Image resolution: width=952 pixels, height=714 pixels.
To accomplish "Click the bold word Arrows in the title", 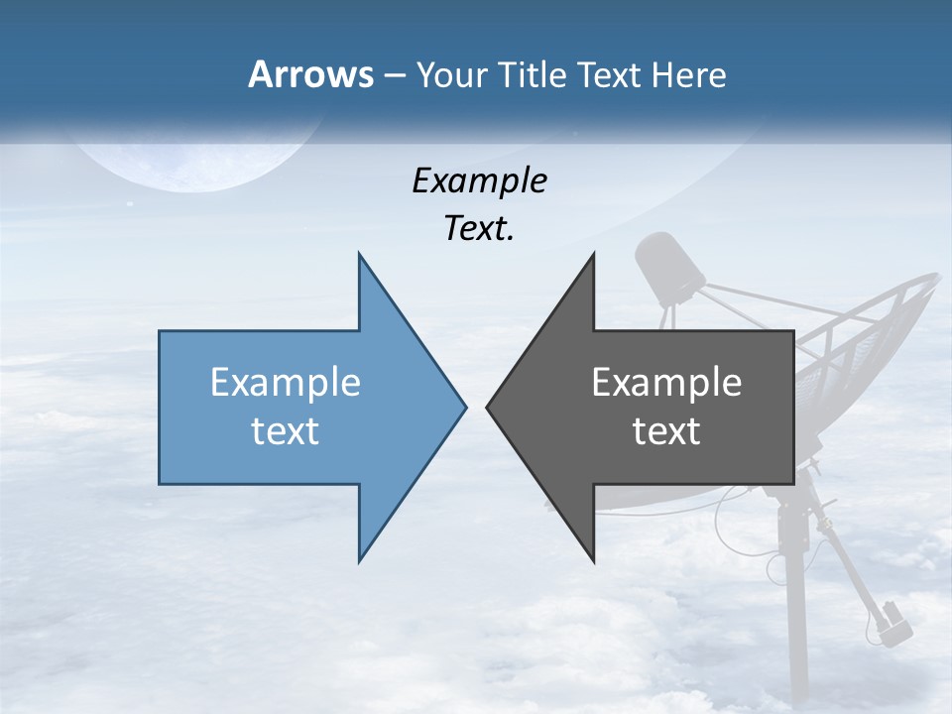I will pyautogui.click(x=311, y=74).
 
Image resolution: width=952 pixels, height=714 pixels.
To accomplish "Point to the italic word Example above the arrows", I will pyautogui.click(x=479, y=180).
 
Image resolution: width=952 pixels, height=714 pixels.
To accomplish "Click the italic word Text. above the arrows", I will pyautogui.click(x=479, y=228).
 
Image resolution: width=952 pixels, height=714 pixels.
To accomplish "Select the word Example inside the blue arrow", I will pyautogui.click(x=286, y=382).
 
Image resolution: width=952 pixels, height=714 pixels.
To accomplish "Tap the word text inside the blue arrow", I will pyautogui.click(x=286, y=430).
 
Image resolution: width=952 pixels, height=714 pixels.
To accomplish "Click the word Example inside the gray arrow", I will pyautogui.click(x=666, y=382).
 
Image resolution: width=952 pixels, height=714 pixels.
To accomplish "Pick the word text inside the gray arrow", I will pyautogui.click(x=666, y=430).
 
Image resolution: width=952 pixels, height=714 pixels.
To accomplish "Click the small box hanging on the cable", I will pyautogui.click(x=891, y=619).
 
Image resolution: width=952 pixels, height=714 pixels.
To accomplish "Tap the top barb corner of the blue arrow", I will pyautogui.click(x=360, y=256).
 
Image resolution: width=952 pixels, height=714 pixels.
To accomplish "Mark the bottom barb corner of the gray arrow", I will pyautogui.click(x=593, y=560).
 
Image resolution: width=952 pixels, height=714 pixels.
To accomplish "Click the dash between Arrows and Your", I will pyautogui.click(x=394, y=76).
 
